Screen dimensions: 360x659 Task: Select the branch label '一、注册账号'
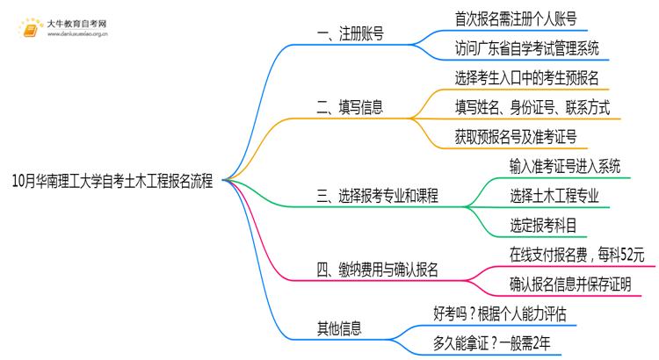(350, 35)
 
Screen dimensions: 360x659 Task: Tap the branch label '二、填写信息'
(350, 109)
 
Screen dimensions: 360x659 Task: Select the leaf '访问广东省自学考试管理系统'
(528, 49)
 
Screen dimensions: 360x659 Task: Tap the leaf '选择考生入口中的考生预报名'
(527, 78)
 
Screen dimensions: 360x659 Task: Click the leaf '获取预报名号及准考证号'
(516, 137)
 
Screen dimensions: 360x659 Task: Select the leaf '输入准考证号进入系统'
(565, 166)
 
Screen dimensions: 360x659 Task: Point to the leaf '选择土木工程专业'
(554, 196)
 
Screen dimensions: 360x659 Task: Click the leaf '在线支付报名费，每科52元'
(577, 255)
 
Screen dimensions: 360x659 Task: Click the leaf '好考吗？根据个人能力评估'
(499, 313)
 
